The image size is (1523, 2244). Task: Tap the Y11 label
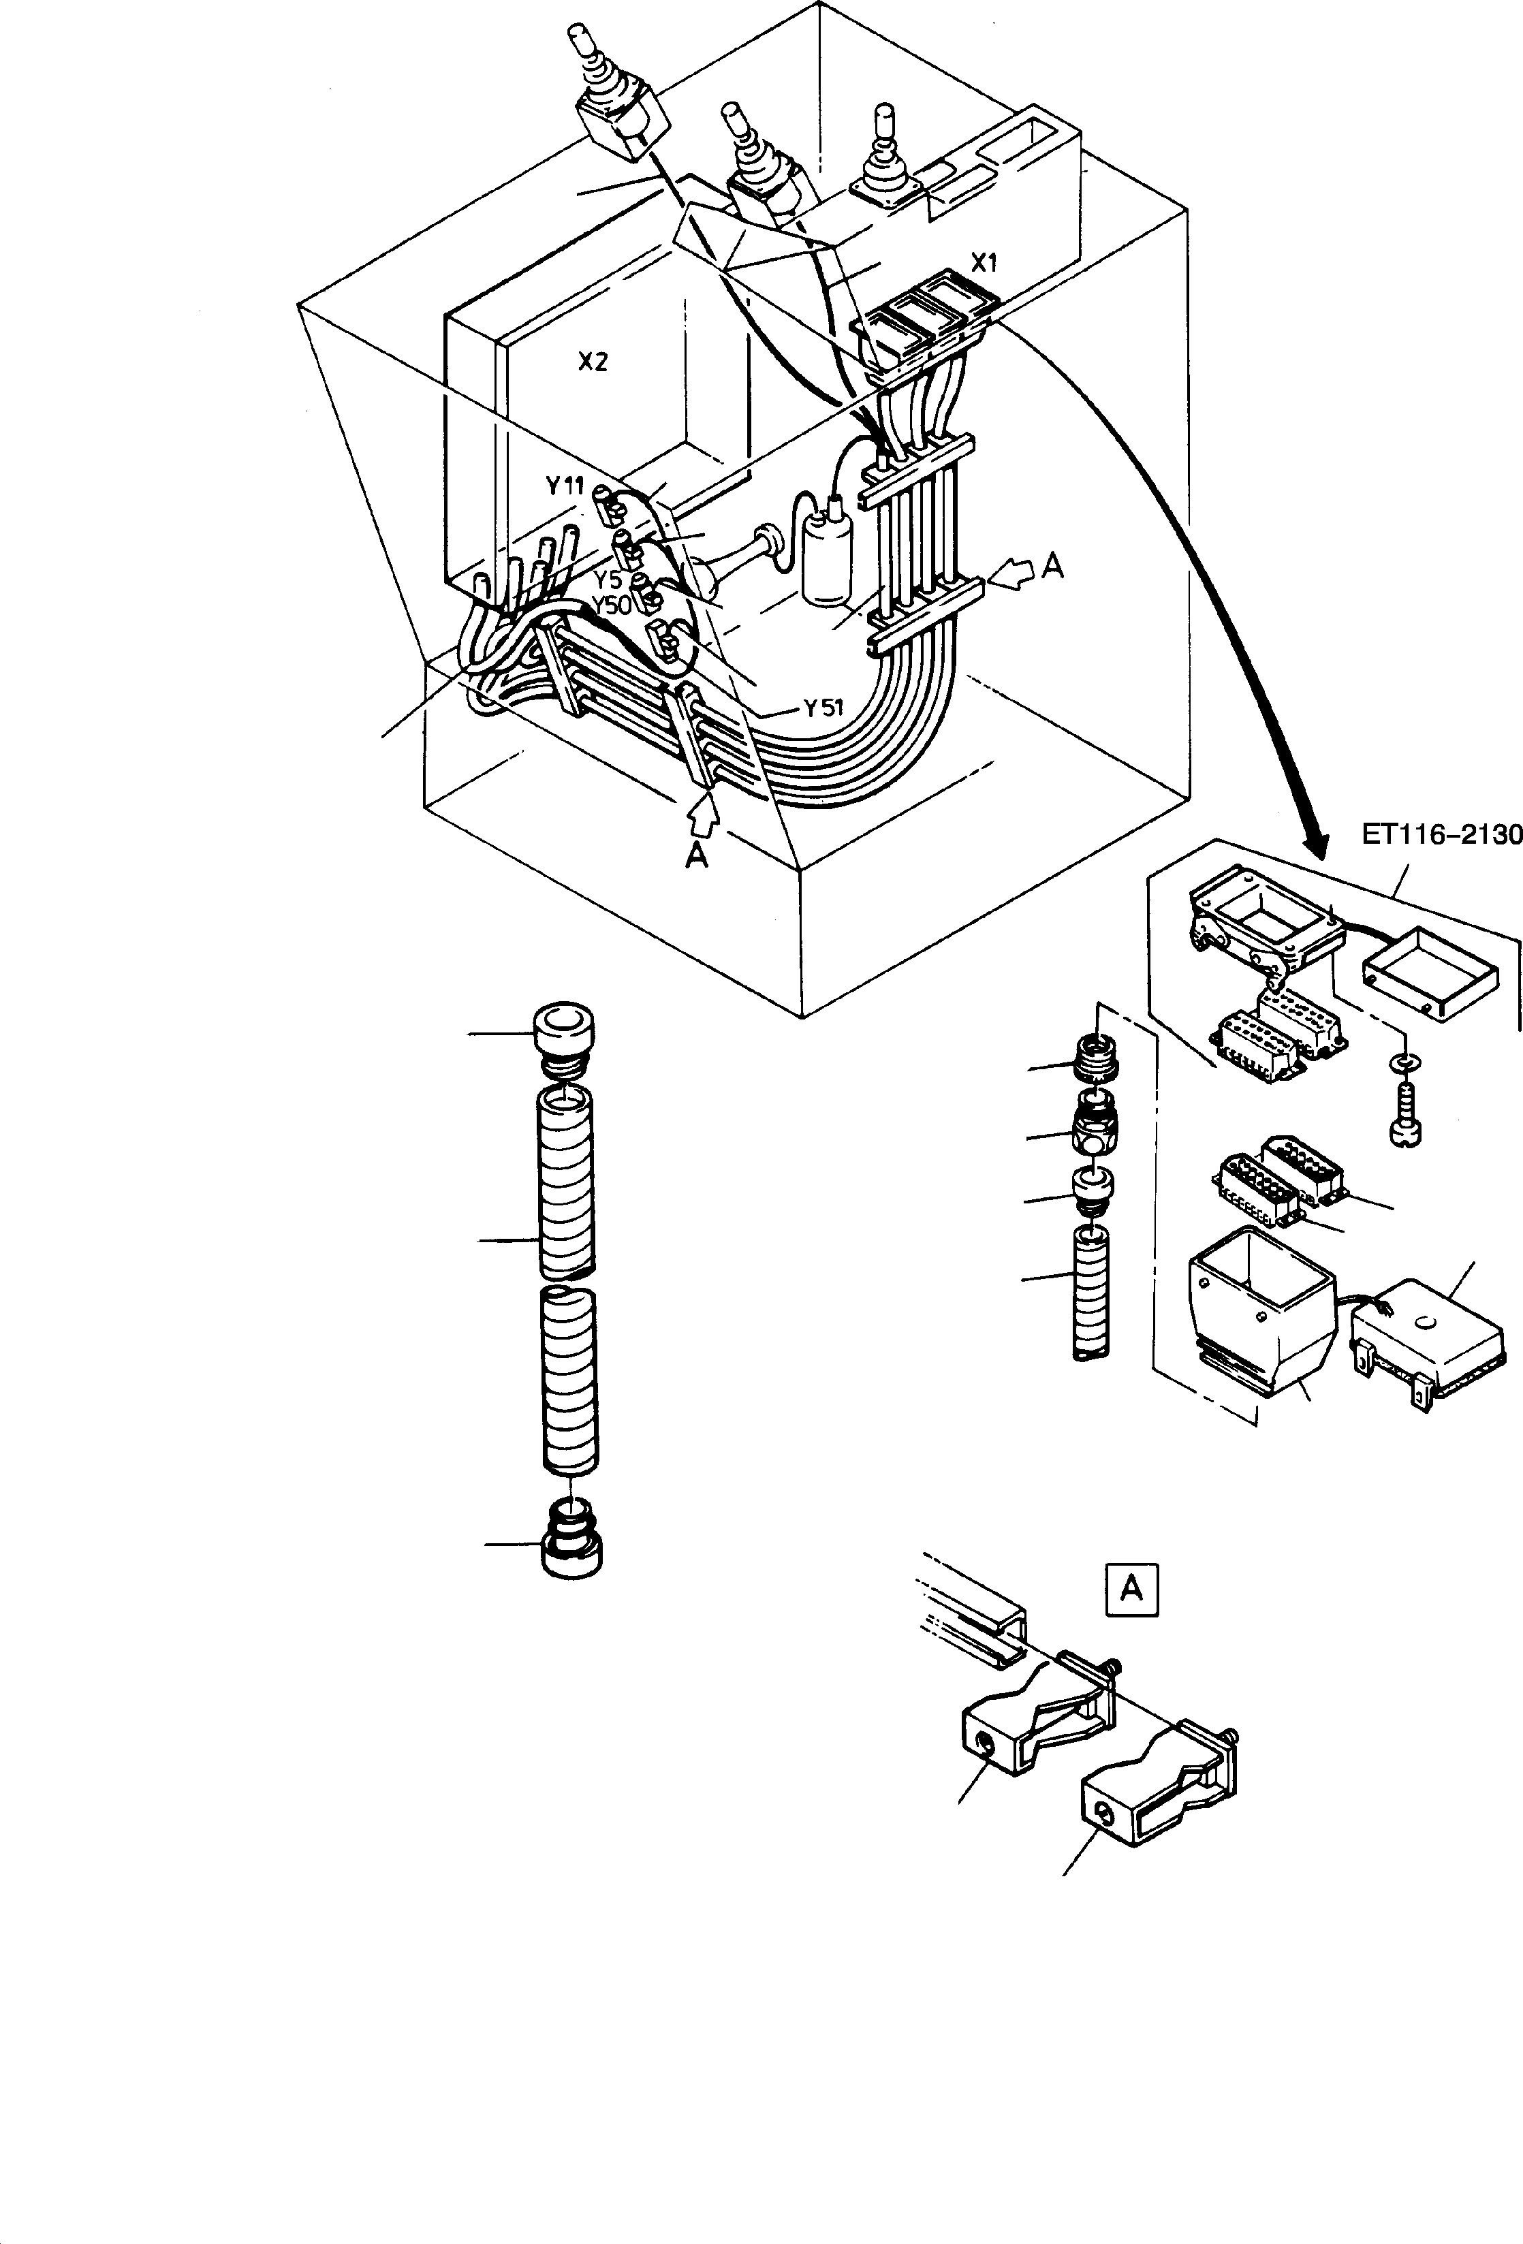565,486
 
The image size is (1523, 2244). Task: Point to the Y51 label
823,708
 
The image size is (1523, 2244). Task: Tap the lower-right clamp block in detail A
1159,1800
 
